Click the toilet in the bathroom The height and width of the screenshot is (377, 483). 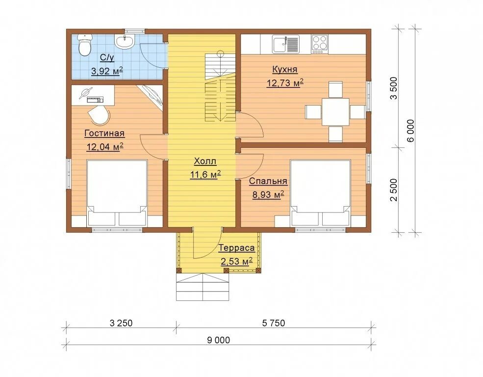pos(84,45)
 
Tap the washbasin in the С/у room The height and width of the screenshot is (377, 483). pos(125,41)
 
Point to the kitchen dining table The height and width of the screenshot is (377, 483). pos(335,112)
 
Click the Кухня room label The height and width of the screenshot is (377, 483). pos(285,70)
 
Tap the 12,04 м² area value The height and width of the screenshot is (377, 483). pos(105,147)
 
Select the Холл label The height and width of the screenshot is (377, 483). pos(205,161)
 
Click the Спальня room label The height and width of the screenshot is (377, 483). pos(268,181)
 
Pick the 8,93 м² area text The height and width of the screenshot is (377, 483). pos(268,195)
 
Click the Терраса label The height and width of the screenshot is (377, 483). pos(237,248)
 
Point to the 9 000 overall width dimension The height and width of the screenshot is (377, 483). pos(218,340)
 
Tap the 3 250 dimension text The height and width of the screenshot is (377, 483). pos(121,323)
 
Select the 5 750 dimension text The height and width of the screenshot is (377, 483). pos(274,323)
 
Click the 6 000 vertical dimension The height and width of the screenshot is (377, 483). pos(410,131)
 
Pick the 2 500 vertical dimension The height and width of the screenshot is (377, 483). pos(394,190)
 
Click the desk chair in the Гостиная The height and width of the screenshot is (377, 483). pos(99,115)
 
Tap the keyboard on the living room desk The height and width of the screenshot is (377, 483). pos(95,99)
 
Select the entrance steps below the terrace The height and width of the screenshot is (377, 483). pos(203,287)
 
